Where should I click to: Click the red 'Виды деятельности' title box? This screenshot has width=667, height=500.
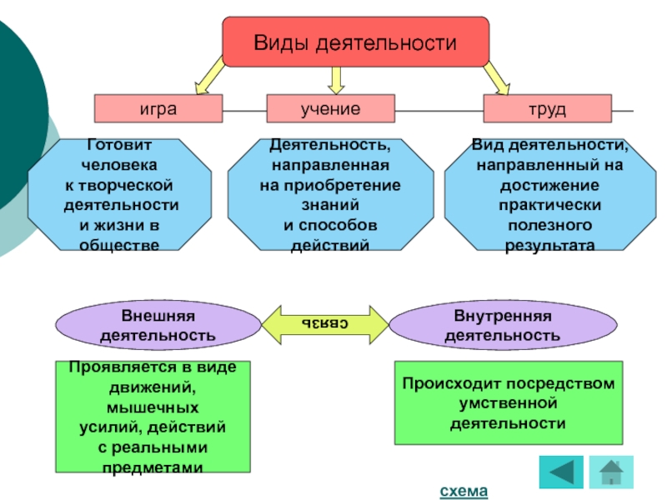[356, 42]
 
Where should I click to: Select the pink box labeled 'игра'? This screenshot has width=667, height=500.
[158, 109]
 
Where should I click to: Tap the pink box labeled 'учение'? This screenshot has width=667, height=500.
[330, 109]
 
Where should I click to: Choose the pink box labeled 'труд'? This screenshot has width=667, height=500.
[548, 109]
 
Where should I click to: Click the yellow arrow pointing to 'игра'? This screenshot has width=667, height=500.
[209, 76]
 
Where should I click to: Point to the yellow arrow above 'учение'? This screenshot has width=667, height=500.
[336, 80]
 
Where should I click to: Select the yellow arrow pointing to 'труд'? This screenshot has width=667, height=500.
[496, 77]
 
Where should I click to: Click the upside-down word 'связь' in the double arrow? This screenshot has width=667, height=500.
[324, 323]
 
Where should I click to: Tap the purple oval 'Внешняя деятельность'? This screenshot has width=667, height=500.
[158, 325]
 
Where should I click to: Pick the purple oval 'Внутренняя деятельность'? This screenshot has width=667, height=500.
[503, 325]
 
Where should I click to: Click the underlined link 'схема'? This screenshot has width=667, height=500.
[464, 491]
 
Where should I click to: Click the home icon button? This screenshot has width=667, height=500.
[611, 472]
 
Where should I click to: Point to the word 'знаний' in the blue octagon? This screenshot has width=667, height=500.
[330, 205]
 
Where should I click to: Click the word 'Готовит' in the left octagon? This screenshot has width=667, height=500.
[119, 144]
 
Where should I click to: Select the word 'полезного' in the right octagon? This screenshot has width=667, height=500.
[549, 225]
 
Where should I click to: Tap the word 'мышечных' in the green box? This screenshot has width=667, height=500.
[153, 407]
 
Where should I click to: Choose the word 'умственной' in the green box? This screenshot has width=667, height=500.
[509, 403]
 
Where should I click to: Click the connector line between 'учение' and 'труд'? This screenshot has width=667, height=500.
[439, 111]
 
